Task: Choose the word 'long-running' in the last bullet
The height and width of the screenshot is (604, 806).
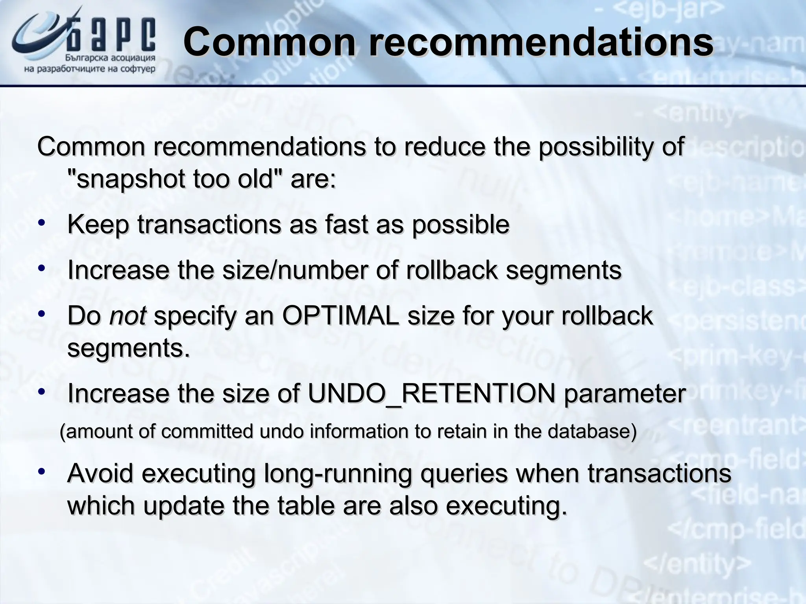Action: (x=338, y=473)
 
